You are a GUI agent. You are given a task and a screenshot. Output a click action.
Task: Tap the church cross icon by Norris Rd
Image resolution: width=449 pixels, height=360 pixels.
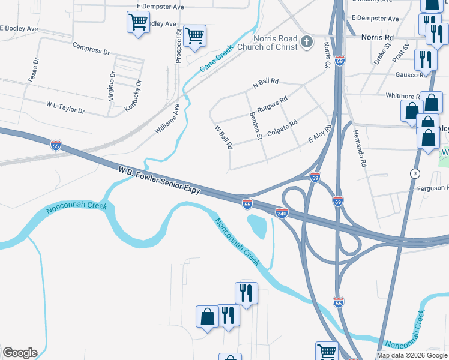(307, 42)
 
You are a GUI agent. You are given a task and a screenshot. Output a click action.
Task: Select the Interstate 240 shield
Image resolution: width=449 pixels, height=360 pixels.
(282, 213)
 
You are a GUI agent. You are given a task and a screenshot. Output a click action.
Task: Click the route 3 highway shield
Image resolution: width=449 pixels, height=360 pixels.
(414, 173)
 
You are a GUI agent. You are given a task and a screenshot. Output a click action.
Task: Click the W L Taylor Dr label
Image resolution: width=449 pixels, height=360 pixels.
(65, 107)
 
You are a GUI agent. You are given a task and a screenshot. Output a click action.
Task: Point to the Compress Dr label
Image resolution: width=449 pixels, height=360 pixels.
(91, 48)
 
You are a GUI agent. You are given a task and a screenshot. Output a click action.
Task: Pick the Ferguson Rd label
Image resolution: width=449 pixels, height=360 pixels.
(432, 188)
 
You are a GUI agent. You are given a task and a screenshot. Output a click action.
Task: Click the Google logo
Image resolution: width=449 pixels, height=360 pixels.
(20, 353)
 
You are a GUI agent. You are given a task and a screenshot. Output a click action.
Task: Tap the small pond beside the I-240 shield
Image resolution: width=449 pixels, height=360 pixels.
(258, 226)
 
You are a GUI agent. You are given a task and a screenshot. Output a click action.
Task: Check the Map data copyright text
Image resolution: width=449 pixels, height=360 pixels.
(412, 355)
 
